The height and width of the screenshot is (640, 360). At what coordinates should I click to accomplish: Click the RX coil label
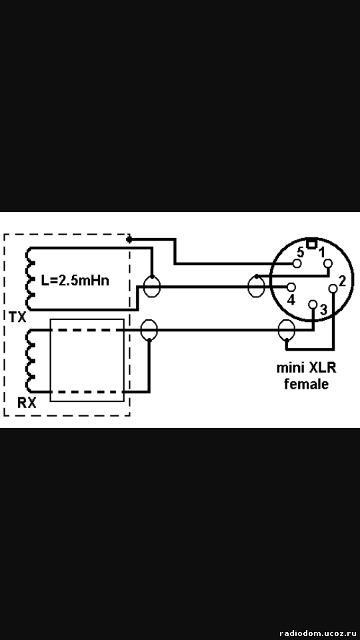(27, 403)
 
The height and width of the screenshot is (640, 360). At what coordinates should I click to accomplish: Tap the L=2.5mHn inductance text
(75, 281)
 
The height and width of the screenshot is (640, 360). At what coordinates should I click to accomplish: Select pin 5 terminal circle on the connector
(297, 264)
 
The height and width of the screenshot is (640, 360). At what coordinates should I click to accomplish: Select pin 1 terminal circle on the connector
(328, 264)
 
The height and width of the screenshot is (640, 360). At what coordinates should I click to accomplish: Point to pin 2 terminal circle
(333, 289)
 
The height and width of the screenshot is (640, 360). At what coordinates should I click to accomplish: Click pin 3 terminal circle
(313, 304)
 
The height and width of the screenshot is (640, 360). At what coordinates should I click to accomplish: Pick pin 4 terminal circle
(292, 287)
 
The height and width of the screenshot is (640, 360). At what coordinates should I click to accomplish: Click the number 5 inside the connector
(300, 252)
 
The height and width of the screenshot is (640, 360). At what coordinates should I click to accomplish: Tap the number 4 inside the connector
(291, 300)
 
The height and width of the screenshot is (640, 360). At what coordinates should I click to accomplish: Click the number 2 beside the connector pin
(342, 281)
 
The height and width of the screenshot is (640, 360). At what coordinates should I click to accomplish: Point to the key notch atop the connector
(311, 244)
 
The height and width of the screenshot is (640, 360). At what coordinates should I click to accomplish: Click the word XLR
(322, 368)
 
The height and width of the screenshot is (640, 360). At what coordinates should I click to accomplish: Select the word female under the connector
(306, 384)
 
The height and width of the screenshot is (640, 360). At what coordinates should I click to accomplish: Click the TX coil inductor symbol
(30, 279)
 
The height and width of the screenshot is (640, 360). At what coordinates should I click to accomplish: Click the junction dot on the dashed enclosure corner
(129, 239)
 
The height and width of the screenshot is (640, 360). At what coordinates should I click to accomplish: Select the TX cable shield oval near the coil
(151, 287)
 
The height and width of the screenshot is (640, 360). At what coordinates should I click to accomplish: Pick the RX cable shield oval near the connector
(286, 330)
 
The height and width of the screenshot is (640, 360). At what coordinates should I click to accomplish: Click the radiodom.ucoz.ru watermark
(315, 633)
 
